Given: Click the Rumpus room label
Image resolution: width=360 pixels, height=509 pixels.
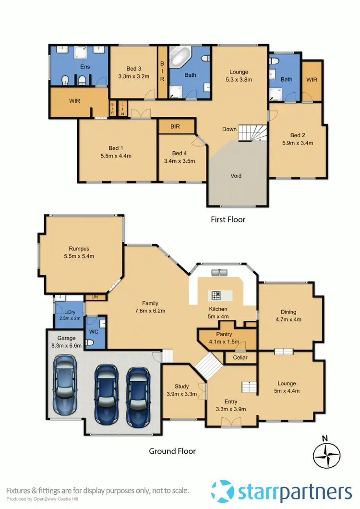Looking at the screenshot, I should tap(79, 249).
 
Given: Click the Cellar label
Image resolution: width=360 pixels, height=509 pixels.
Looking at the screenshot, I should tap(240, 358).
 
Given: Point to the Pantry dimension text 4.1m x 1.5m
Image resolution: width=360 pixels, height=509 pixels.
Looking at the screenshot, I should tap(224, 341).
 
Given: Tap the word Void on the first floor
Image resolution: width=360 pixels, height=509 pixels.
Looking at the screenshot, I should tap(235, 176).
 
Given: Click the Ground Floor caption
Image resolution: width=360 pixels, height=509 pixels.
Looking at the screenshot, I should tap(172, 451).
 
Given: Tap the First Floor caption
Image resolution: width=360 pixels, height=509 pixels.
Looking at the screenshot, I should tap(228, 219).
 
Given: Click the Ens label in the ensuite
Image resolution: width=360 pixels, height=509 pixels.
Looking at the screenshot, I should tap(84, 67).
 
